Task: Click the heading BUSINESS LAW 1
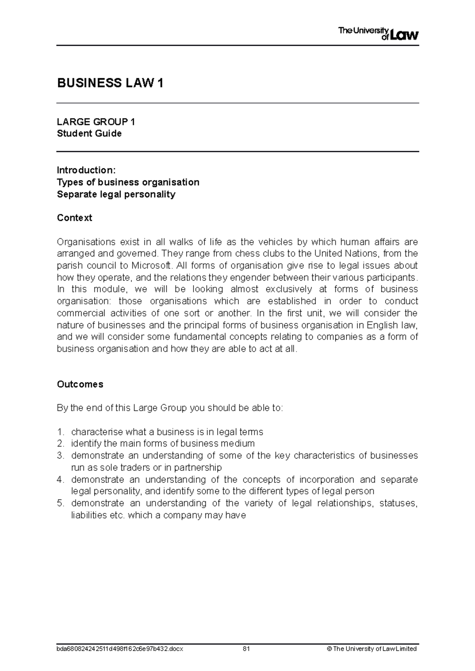coord(110,83)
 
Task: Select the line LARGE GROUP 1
coord(96,122)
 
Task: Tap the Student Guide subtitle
coord(89,134)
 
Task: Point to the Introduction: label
coord(86,170)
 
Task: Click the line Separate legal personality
coord(116,194)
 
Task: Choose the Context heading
coord(74,218)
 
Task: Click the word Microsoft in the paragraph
coord(152,265)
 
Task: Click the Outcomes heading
coord(80,385)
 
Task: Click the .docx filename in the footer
coord(120,648)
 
